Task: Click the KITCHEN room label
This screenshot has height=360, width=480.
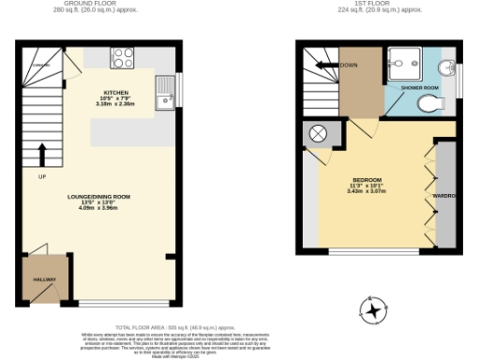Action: pyautogui.click(x=115, y=93)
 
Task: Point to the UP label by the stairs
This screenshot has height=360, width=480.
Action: pyautogui.click(x=42, y=176)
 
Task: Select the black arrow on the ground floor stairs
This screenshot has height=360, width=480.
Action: pyautogui.click(x=42, y=153)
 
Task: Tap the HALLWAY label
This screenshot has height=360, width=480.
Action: pyautogui.click(x=45, y=280)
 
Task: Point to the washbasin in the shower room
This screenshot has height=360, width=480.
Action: pyautogui.click(x=448, y=67)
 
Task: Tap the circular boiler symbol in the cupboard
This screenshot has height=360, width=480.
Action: pyautogui.click(x=318, y=134)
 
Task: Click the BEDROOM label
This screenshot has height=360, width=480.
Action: pyautogui.click(x=367, y=179)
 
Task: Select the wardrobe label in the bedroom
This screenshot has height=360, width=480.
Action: pyautogui.click(x=443, y=196)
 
